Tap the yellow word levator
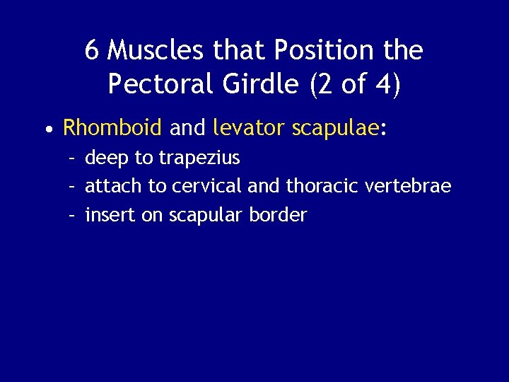[x=247, y=127]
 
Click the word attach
[x=113, y=186]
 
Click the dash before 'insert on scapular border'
[x=71, y=215]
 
